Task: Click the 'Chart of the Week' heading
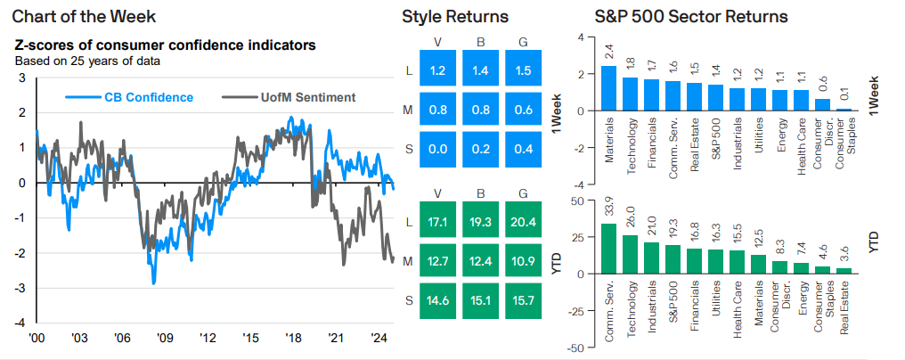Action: click(x=78, y=16)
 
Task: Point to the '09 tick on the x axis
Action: click(x=165, y=339)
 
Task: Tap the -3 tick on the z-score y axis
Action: click(x=21, y=288)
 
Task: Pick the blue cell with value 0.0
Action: click(x=436, y=148)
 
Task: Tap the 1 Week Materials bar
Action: click(x=608, y=88)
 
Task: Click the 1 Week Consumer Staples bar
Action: click(x=843, y=110)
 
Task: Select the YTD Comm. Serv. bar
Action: click(x=608, y=249)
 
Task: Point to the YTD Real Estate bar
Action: click(x=843, y=270)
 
